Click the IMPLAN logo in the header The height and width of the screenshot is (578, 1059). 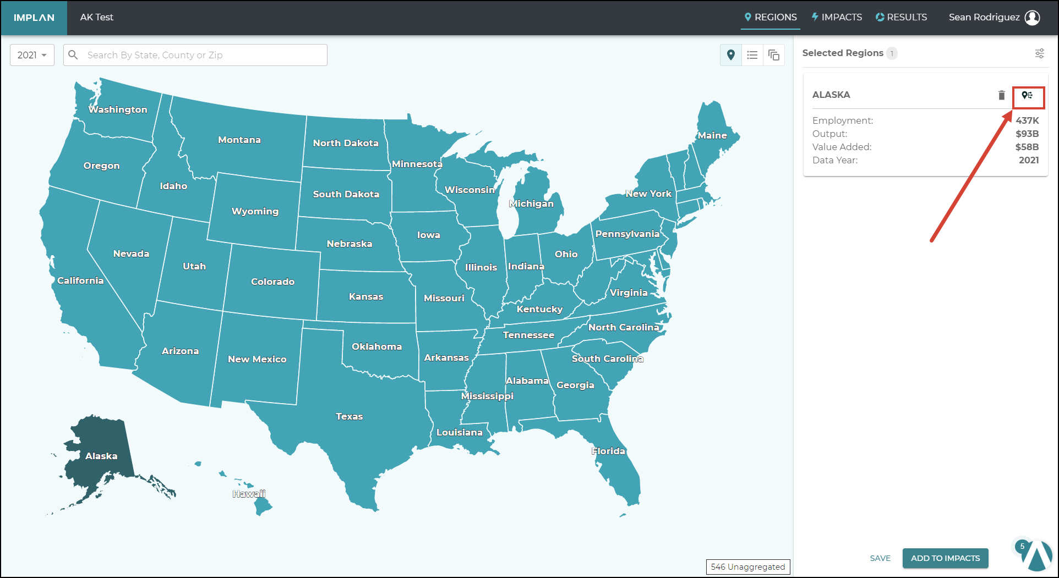pyautogui.click(x=34, y=18)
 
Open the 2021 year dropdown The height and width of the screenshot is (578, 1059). pyautogui.click(x=32, y=55)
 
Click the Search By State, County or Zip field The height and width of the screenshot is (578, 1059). pyautogui.click(x=204, y=55)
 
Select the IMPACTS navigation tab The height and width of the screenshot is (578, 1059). pyautogui.click(x=837, y=18)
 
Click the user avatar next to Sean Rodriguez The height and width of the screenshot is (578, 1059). pyautogui.click(x=1032, y=18)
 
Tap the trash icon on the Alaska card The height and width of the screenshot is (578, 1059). pyautogui.click(x=1001, y=95)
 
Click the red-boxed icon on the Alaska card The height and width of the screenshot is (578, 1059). pyautogui.click(x=1028, y=96)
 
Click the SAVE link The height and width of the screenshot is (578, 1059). pyautogui.click(x=880, y=558)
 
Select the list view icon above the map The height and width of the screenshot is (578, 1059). pyautogui.click(x=752, y=55)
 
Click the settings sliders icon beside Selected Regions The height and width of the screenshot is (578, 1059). pyautogui.click(x=1039, y=53)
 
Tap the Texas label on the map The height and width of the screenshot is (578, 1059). pyautogui.click(x=349, y=416)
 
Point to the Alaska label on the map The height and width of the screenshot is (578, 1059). pyautogui.click(x=101, y=456)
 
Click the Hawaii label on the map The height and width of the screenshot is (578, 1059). pyautogui.click(x=249, y=494)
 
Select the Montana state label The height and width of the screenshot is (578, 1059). pyautogui.click(x=239, y=140)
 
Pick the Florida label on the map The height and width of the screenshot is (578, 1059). pyautogui.click(x=608, y=451)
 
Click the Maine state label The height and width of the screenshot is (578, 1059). pyautogui.click(x=712, y=135)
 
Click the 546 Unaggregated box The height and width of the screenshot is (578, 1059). pyautogui.click(x=747, y=566)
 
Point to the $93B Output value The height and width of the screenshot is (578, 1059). pyautogui.click(x=1027, y=134)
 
